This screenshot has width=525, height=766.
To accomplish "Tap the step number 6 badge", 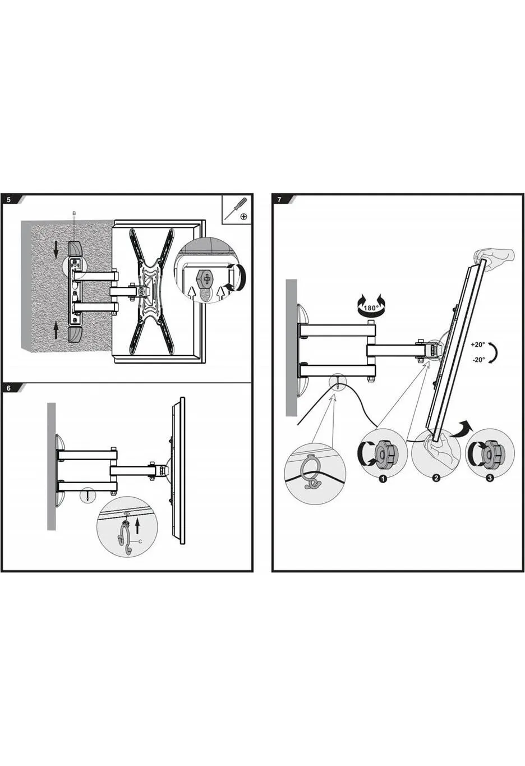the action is pos(8,388).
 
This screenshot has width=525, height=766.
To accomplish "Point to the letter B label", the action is pos(74,213).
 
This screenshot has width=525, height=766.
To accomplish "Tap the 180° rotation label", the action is pos(371,308).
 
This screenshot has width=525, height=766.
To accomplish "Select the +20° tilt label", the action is pos(478,345).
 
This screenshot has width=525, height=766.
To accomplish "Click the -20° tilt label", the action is pos(478,360).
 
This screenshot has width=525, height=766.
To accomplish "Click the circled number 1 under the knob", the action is pos(383,479).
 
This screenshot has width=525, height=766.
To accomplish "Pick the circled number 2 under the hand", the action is pos(436,478).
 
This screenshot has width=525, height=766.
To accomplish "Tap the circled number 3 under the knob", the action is pos(490,478).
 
